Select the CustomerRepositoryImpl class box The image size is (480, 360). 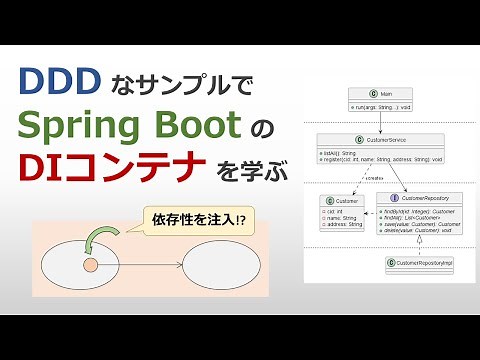click(425, 262)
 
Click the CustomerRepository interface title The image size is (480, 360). click(424, 198)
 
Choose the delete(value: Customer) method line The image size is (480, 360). click(421, 230)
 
